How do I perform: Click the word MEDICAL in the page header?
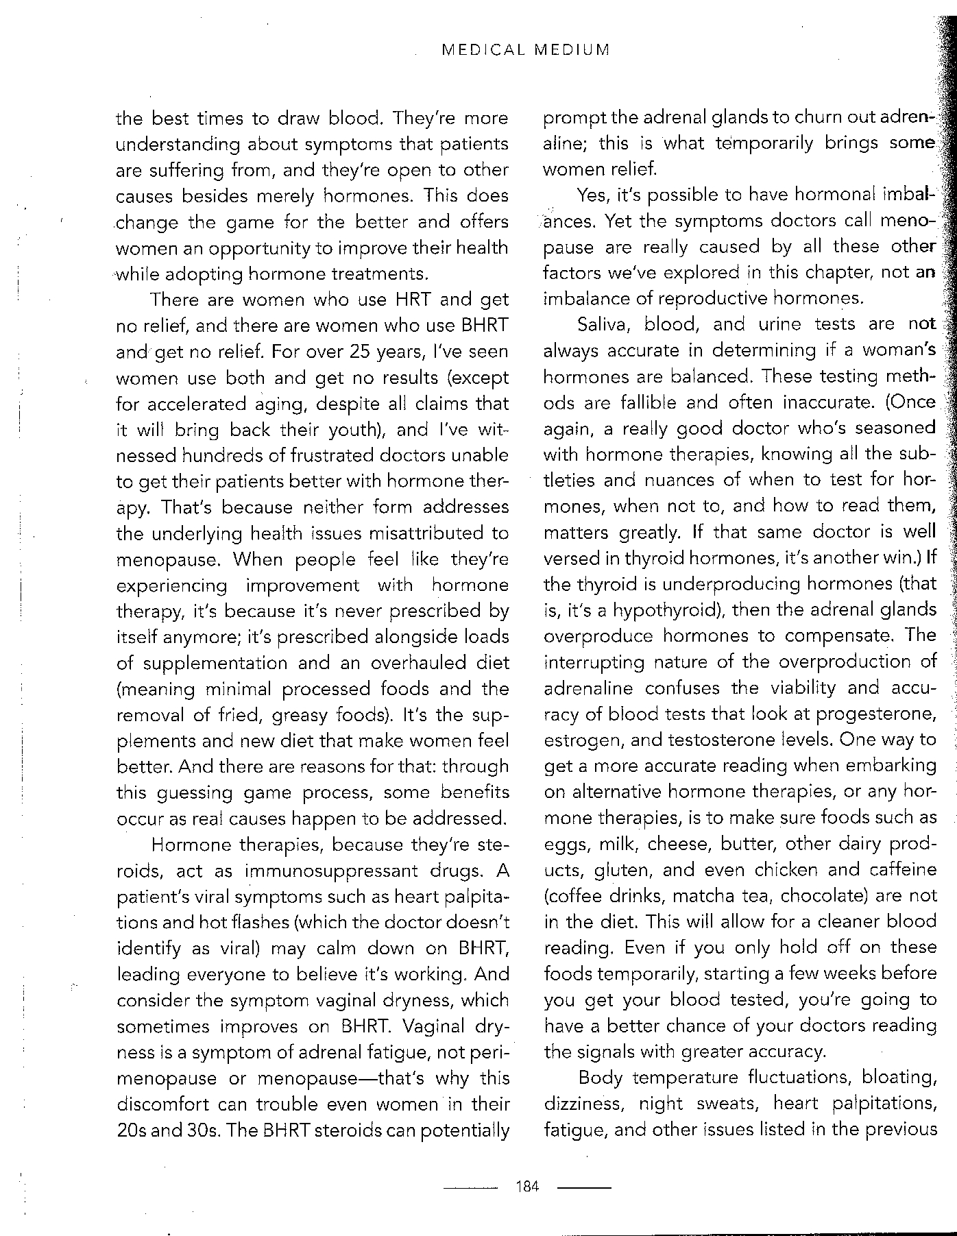click(483, 50)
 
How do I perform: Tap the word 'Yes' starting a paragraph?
click(593, 196)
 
